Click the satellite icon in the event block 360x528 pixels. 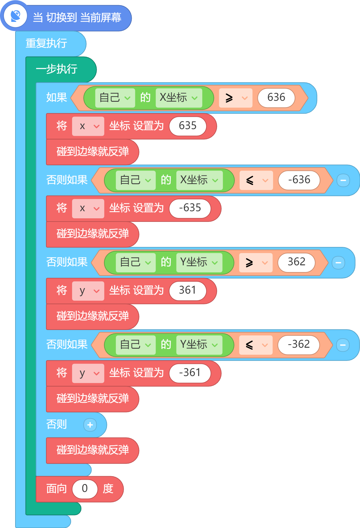click(15, 16)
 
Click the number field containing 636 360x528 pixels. click(276, 98)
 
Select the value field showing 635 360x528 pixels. click(188, 126)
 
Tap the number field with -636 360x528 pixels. click(299, 180)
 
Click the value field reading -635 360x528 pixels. click(190, 208)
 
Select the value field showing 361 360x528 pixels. click(188, 290)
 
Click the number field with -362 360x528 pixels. click(299, 344)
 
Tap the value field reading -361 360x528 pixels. click(190, 373)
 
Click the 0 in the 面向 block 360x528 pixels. click(85, 489)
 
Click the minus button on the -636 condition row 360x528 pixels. click(343, 180)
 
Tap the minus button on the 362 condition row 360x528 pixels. click(338, 263)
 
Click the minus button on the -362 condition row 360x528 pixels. click(343, 345)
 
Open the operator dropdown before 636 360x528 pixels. click(235, 98)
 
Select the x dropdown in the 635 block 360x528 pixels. click(88, 126)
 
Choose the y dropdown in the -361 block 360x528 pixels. click(88, 373)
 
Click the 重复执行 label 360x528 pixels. click(46, 43)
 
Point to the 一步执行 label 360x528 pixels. click(57, 69)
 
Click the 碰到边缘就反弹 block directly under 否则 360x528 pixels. click(92, 450)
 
